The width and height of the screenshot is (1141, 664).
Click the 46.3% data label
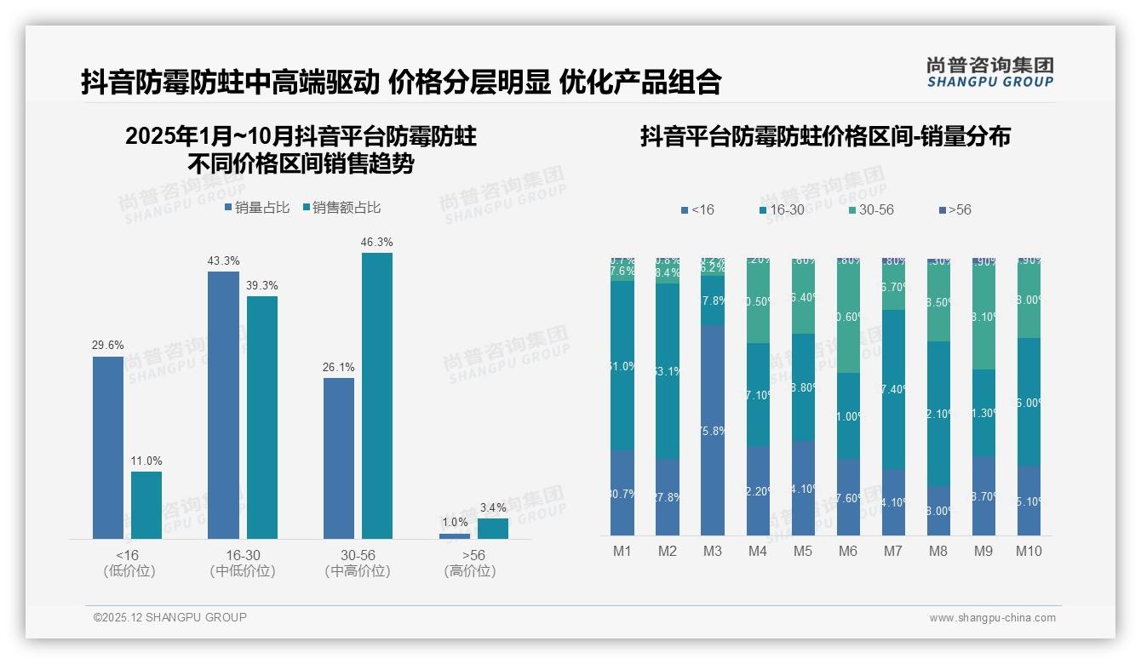point(376,243)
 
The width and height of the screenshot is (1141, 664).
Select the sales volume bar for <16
point(108,447)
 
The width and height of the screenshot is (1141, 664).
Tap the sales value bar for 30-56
point(376,395)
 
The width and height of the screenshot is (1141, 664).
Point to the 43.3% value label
point(223,260)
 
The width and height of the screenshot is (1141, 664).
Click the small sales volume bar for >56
point(454,536)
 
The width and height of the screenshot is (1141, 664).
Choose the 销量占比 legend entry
point(257,208)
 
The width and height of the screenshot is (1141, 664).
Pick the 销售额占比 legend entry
point(341,208)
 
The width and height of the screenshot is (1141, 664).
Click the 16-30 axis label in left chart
point(243,555)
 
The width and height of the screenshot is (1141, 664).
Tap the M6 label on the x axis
point(847,551)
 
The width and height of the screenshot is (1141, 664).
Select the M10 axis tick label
point(1029,551)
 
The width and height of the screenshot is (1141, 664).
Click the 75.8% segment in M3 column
point(713,430)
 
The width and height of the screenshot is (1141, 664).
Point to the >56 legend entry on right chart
point(955,209)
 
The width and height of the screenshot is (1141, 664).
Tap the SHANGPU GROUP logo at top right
point(989,72)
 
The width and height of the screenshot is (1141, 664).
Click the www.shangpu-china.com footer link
point(992,618)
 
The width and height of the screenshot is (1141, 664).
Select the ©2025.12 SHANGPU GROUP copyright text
point(170,617)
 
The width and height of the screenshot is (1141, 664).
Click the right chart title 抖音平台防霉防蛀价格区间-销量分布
point(825,136)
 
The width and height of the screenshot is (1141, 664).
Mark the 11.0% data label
point(146,461)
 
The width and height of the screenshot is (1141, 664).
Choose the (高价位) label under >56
point(469,571)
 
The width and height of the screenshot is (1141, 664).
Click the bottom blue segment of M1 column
point(622,493)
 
